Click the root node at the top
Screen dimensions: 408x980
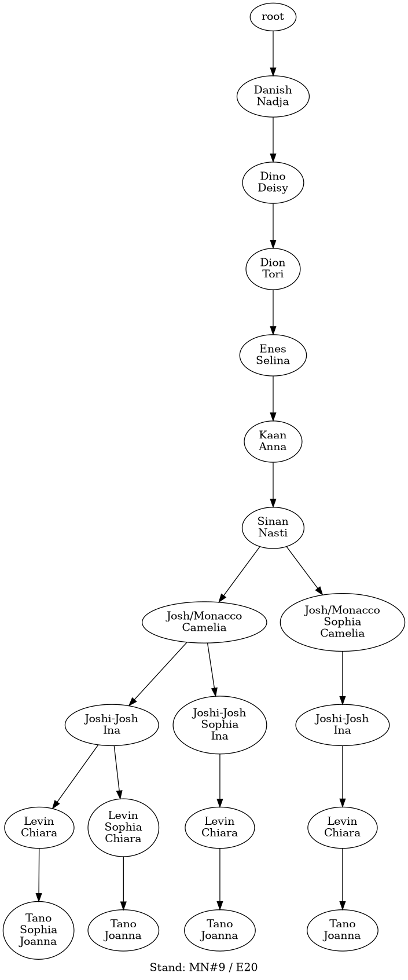pos(273,17)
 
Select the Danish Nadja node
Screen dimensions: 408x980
pos(273,96)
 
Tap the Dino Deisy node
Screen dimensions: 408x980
pos(273,182)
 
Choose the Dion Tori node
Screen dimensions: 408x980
pos(273,268)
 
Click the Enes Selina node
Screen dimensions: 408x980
pos(273,355)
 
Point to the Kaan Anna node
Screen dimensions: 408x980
pos(273,441)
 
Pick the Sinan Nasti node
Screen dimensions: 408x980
pos(273,527)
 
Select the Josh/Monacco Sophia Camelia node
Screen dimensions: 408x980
pos(343,621)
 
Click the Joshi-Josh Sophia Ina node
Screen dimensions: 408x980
pos(219,725)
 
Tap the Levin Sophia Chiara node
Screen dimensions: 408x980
pos(123,827)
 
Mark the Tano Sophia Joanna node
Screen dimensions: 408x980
pos(38,930)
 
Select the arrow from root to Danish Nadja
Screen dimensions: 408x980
pos(273,53)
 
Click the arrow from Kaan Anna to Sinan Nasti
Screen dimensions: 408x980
pos(273,484)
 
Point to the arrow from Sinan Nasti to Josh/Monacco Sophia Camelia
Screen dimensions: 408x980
pos(304,571)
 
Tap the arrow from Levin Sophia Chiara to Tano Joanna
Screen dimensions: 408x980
pos(123,883)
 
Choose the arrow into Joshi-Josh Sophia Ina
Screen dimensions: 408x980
pos(212,669)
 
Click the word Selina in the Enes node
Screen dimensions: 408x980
pos(273,361)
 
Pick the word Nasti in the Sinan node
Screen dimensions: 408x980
pos(273,533)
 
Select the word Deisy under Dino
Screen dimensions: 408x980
pos(273,188)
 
